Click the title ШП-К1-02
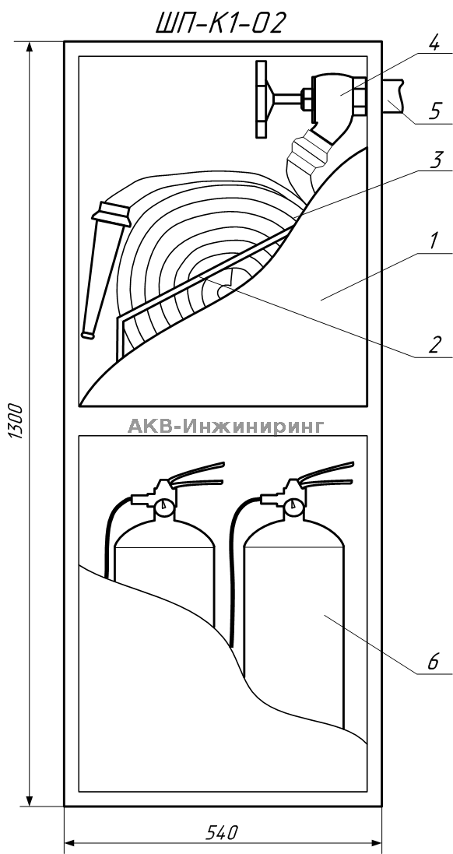[x=219, y=23]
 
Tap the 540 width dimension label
[x=222, y=832]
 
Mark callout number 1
[x=434, y=242]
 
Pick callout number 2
[x=434, y=345]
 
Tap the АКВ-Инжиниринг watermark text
[x=226, y=426]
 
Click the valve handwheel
[x=262, y=99]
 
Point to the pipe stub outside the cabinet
[x=394, y=96]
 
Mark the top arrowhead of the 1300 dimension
[x=30, y=47]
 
